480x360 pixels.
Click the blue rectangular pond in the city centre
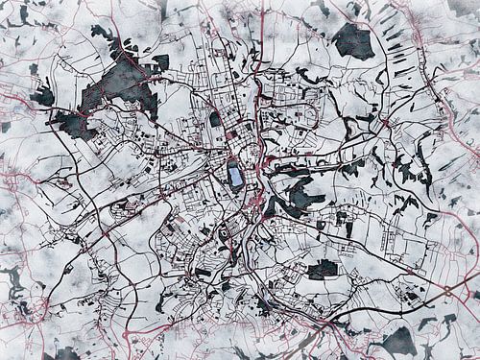pyautogui.click(x=235, y=176)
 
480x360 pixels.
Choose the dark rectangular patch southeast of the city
pyautogui.click(x=322, y=270)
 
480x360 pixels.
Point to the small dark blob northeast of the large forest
pyautogui.click(x=159, y=61)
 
